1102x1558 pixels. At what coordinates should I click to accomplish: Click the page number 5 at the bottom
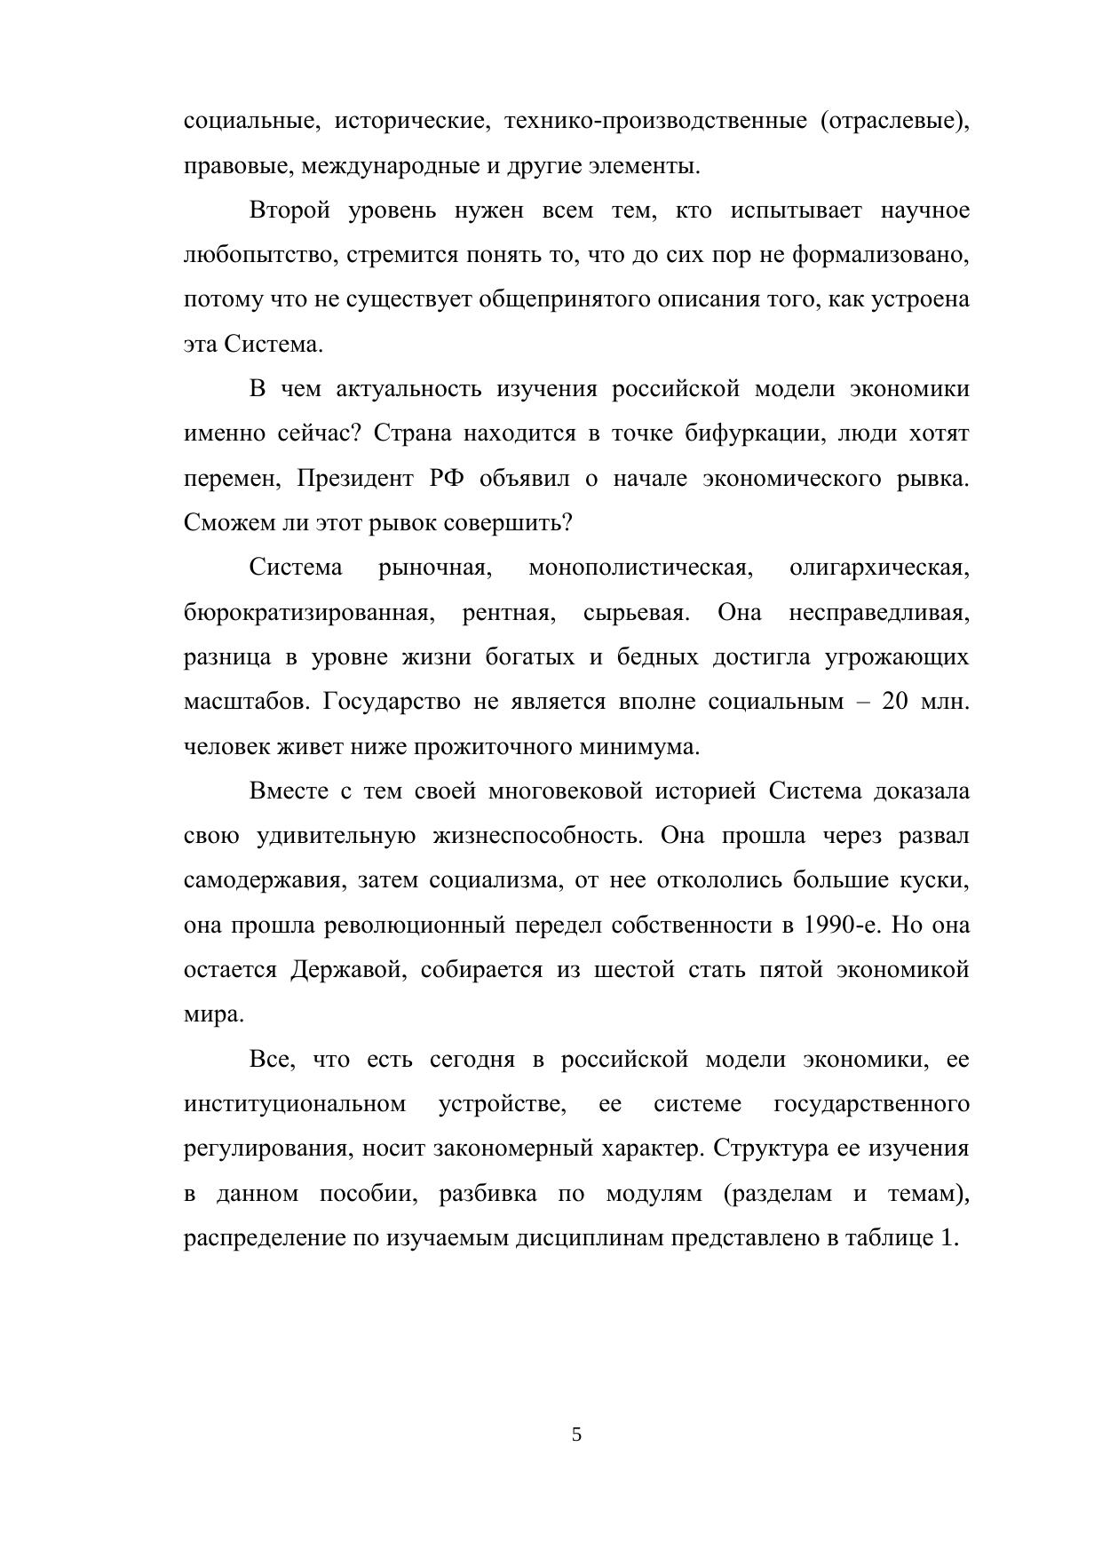(x=576, y=1434)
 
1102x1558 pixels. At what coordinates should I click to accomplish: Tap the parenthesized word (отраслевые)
(x=895, y=121)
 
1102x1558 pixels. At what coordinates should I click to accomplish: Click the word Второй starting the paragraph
(x=289, y=211)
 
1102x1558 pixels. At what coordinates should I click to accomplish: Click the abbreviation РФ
(x=446, y=479)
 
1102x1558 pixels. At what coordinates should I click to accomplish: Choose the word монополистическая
(x=640, y=568)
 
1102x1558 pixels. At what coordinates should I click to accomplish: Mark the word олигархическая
(x=878, y=568)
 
